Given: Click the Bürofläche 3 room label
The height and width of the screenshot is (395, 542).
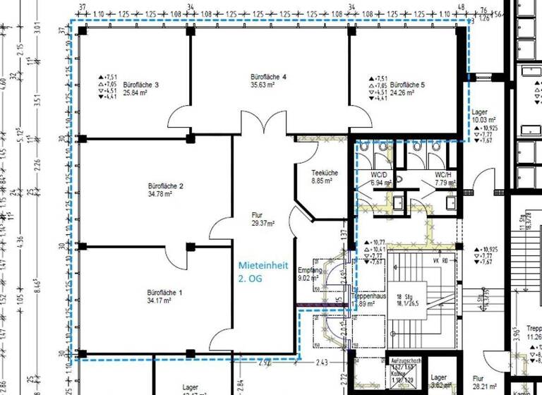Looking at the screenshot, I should pyautogui.click(x=141, y=85).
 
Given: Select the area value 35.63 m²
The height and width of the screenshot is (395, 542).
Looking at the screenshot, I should pyautogui.click(x=266, y=85).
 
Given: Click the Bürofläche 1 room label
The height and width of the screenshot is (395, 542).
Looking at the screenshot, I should pyautogui.click(x=164, y=292).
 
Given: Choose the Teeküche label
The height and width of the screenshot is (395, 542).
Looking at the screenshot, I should pyautogui.click(x=325, y=173).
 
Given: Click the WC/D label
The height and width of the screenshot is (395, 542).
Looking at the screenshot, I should pyautogui.click(x=380, y=174).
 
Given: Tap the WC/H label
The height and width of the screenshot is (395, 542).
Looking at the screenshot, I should pyautogui.click(x=443, y=174).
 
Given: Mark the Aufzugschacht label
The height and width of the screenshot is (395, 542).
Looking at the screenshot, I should pyautogui.click(x=405, y=360).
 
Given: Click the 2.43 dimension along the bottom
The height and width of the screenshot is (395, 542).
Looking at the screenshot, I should pyautogui.click(x=321, y=363).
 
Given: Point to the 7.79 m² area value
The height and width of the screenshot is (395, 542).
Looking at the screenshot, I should pyautogui.click(x=446, y=183).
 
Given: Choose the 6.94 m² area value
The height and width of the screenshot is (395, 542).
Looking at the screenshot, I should pyautogui.click(x=381, y=183).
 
